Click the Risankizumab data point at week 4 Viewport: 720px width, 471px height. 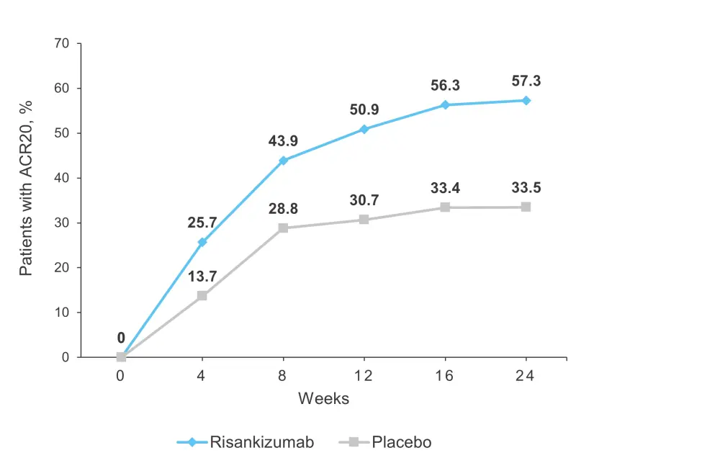[x=202, y=242]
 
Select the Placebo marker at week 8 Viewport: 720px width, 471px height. [x=283, y=228]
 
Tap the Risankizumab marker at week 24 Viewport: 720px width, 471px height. [x=526, y=100]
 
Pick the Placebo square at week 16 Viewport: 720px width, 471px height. [x=445, y=207]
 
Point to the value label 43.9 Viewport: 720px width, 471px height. [x=283, y=142]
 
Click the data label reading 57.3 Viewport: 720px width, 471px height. [x=526, y=81]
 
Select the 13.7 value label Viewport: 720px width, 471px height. [x=202, y=277]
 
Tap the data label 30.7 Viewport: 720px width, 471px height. [x=364, y=201]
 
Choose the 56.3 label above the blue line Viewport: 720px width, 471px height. [x=445, y=86]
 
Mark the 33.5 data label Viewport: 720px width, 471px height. [x=526, y=189]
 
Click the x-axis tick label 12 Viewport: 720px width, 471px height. [x=364, y=375]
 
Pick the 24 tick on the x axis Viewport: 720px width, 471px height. [x=526, y=375]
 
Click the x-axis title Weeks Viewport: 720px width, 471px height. [x=324, y=398]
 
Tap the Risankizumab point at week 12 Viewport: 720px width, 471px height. [x=364, y=129]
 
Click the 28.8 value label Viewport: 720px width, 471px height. [x=283, y=210]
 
